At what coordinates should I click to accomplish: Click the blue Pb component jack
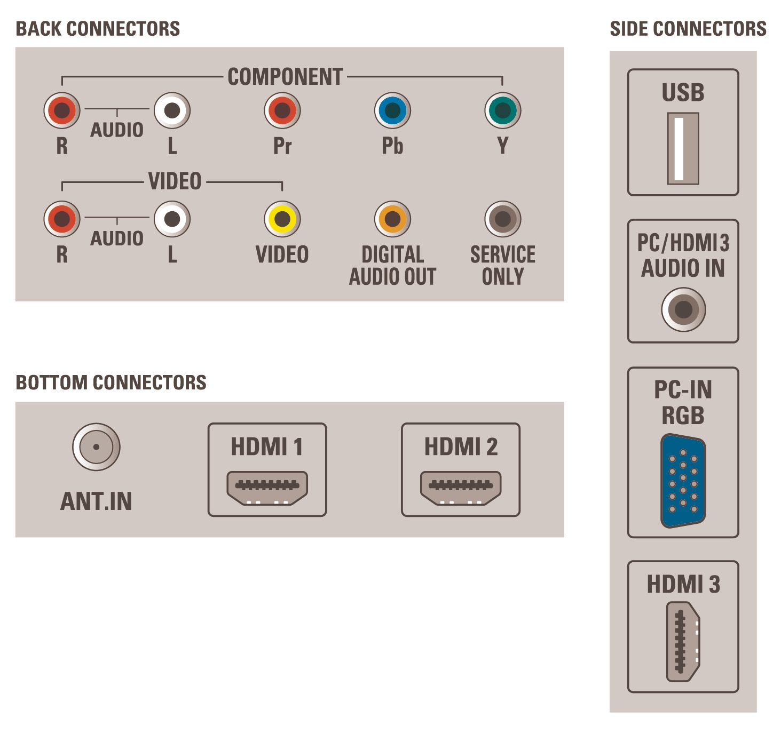tap(392, 110)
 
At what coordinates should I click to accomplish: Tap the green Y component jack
tap(502, 110)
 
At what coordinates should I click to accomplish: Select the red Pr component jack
tap(282, 110)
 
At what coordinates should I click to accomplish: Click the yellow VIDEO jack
tap(282, 219)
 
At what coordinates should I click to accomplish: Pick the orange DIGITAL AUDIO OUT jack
tap(392, 219)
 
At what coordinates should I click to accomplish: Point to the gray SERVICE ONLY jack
tap(502, 219)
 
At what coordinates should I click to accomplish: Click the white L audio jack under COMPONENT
tap(172, 110)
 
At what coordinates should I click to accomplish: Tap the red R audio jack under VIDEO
tap(62, 219)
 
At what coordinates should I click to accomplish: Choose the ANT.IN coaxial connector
tap(96, 447)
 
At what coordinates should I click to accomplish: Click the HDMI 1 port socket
tap(267, 488)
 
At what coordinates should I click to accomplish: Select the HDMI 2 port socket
tap(461, 488)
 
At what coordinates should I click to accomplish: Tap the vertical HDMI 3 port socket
tap(683, 641)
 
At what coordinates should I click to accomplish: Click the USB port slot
tap(683, 149)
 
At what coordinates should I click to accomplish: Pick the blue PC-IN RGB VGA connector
tap(683, 481)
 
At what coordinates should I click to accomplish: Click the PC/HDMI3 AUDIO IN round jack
tap(683, 309)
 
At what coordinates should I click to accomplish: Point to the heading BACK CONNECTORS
tap(98, 29)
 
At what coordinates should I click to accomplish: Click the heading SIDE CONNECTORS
tap(688, 29)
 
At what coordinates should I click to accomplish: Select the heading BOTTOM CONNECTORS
tap(111, 382)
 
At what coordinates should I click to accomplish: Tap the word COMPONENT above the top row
tap(285, 76)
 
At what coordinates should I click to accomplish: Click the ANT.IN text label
tap(96, 501)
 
